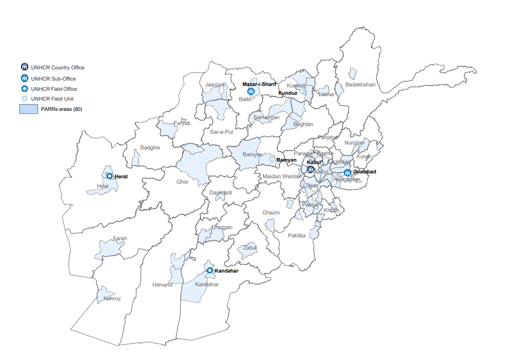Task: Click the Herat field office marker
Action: click(110, 176)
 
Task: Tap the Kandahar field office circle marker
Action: click(210, 270)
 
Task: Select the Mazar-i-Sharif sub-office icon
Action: click(251, 91)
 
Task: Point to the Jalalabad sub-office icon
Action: click(347, 172)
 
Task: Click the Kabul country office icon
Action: click(310, 169)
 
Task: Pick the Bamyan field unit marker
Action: click(272, 159)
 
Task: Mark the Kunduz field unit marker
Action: click(302, 91)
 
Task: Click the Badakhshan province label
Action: click(360, 85)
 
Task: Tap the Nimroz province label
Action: click(112, 298)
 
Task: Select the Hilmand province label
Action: click(162, 285)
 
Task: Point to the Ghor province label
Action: click(182, 182)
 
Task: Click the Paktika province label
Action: click(296, 235)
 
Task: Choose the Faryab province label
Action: click(182, 123)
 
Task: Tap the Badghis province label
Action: click(150, 148)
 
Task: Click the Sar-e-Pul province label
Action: click(221, 132)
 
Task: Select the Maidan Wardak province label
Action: click(282, 176)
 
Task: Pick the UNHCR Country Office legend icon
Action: click(24, 67)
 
